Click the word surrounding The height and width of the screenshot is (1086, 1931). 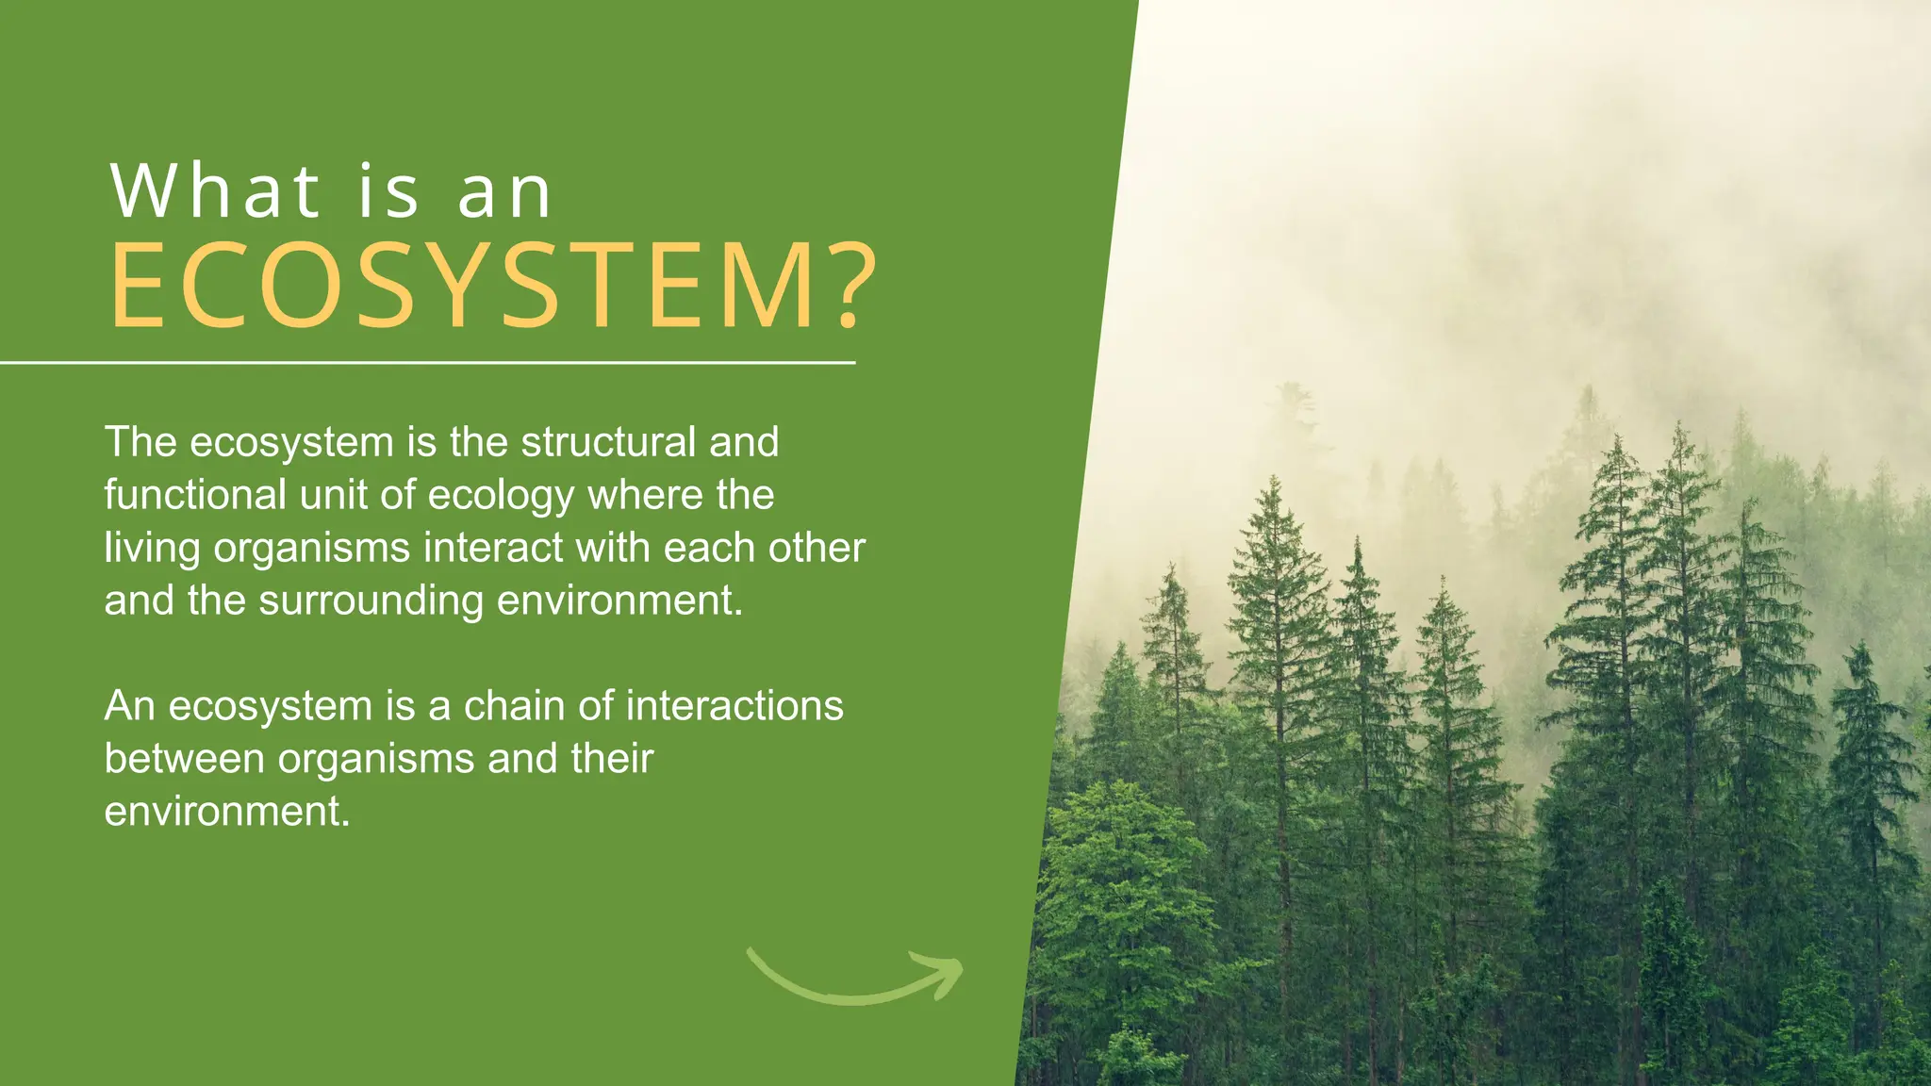pos(371,601)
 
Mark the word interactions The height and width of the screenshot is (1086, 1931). pos(734,706)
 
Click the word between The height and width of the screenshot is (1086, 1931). pos(184,759)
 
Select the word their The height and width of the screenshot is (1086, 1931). pos(612,759)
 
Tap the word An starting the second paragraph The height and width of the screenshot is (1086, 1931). pos(129,706)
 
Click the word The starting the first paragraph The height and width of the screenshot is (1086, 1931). pos(140,442)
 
